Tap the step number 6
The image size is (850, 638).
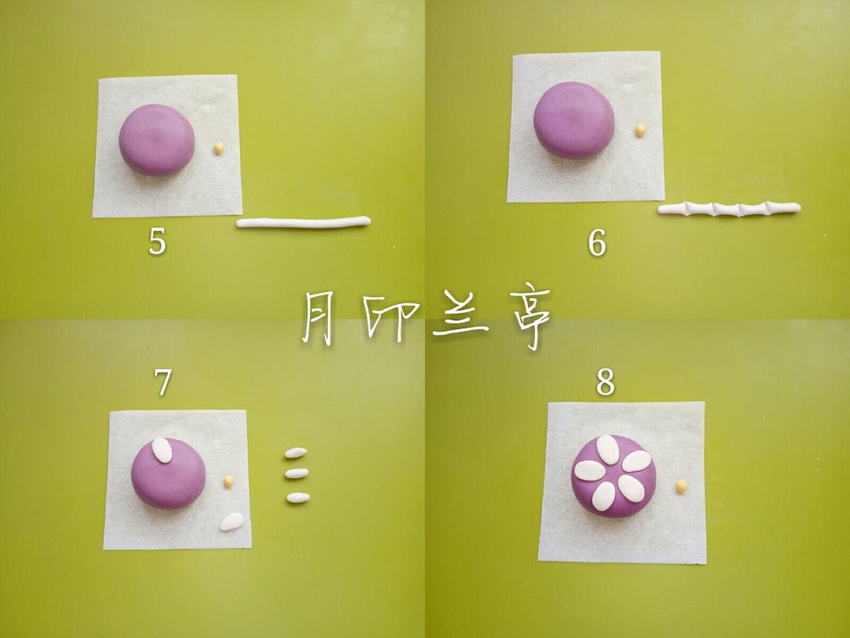[597, 243]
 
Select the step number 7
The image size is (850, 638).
[163, 383]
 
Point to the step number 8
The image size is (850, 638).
[604, 383]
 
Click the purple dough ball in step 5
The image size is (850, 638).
[157, 139]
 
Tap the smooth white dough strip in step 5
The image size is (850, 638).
[303, 223]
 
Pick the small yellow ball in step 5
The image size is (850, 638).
[219, 148]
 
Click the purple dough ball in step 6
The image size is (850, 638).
[574, 120]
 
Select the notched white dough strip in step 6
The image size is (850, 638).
[729, 209]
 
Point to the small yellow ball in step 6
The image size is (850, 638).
[641, 130]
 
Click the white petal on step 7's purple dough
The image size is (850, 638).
[162, 450]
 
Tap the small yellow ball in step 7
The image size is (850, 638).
[228, 481]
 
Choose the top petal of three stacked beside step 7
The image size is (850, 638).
[296, 453]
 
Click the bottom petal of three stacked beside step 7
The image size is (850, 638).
[297, 498]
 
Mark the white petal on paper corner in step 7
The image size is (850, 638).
[231, 521]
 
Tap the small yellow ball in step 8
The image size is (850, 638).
[681, 487]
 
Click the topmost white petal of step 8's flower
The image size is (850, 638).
[607, 450]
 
